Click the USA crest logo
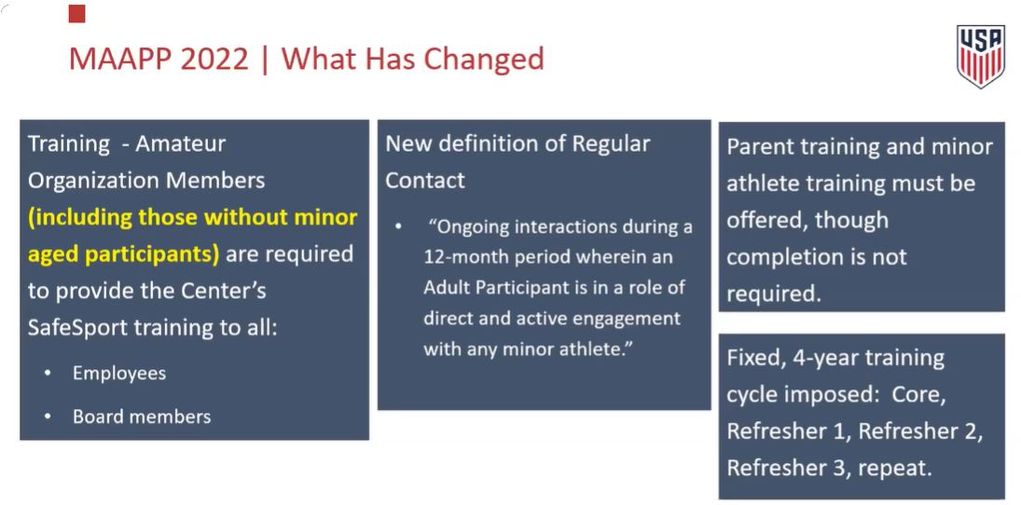tap(981, 57)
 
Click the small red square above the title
tap(76, 14)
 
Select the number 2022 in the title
tap(214, 59)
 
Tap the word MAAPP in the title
tap(120, 59)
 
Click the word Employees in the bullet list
tap(119, 374)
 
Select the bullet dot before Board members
tap(48, 416)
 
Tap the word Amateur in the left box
tap(180, 143)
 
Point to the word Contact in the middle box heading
tap(425, 180)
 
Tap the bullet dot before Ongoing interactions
tap(398, 227)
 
